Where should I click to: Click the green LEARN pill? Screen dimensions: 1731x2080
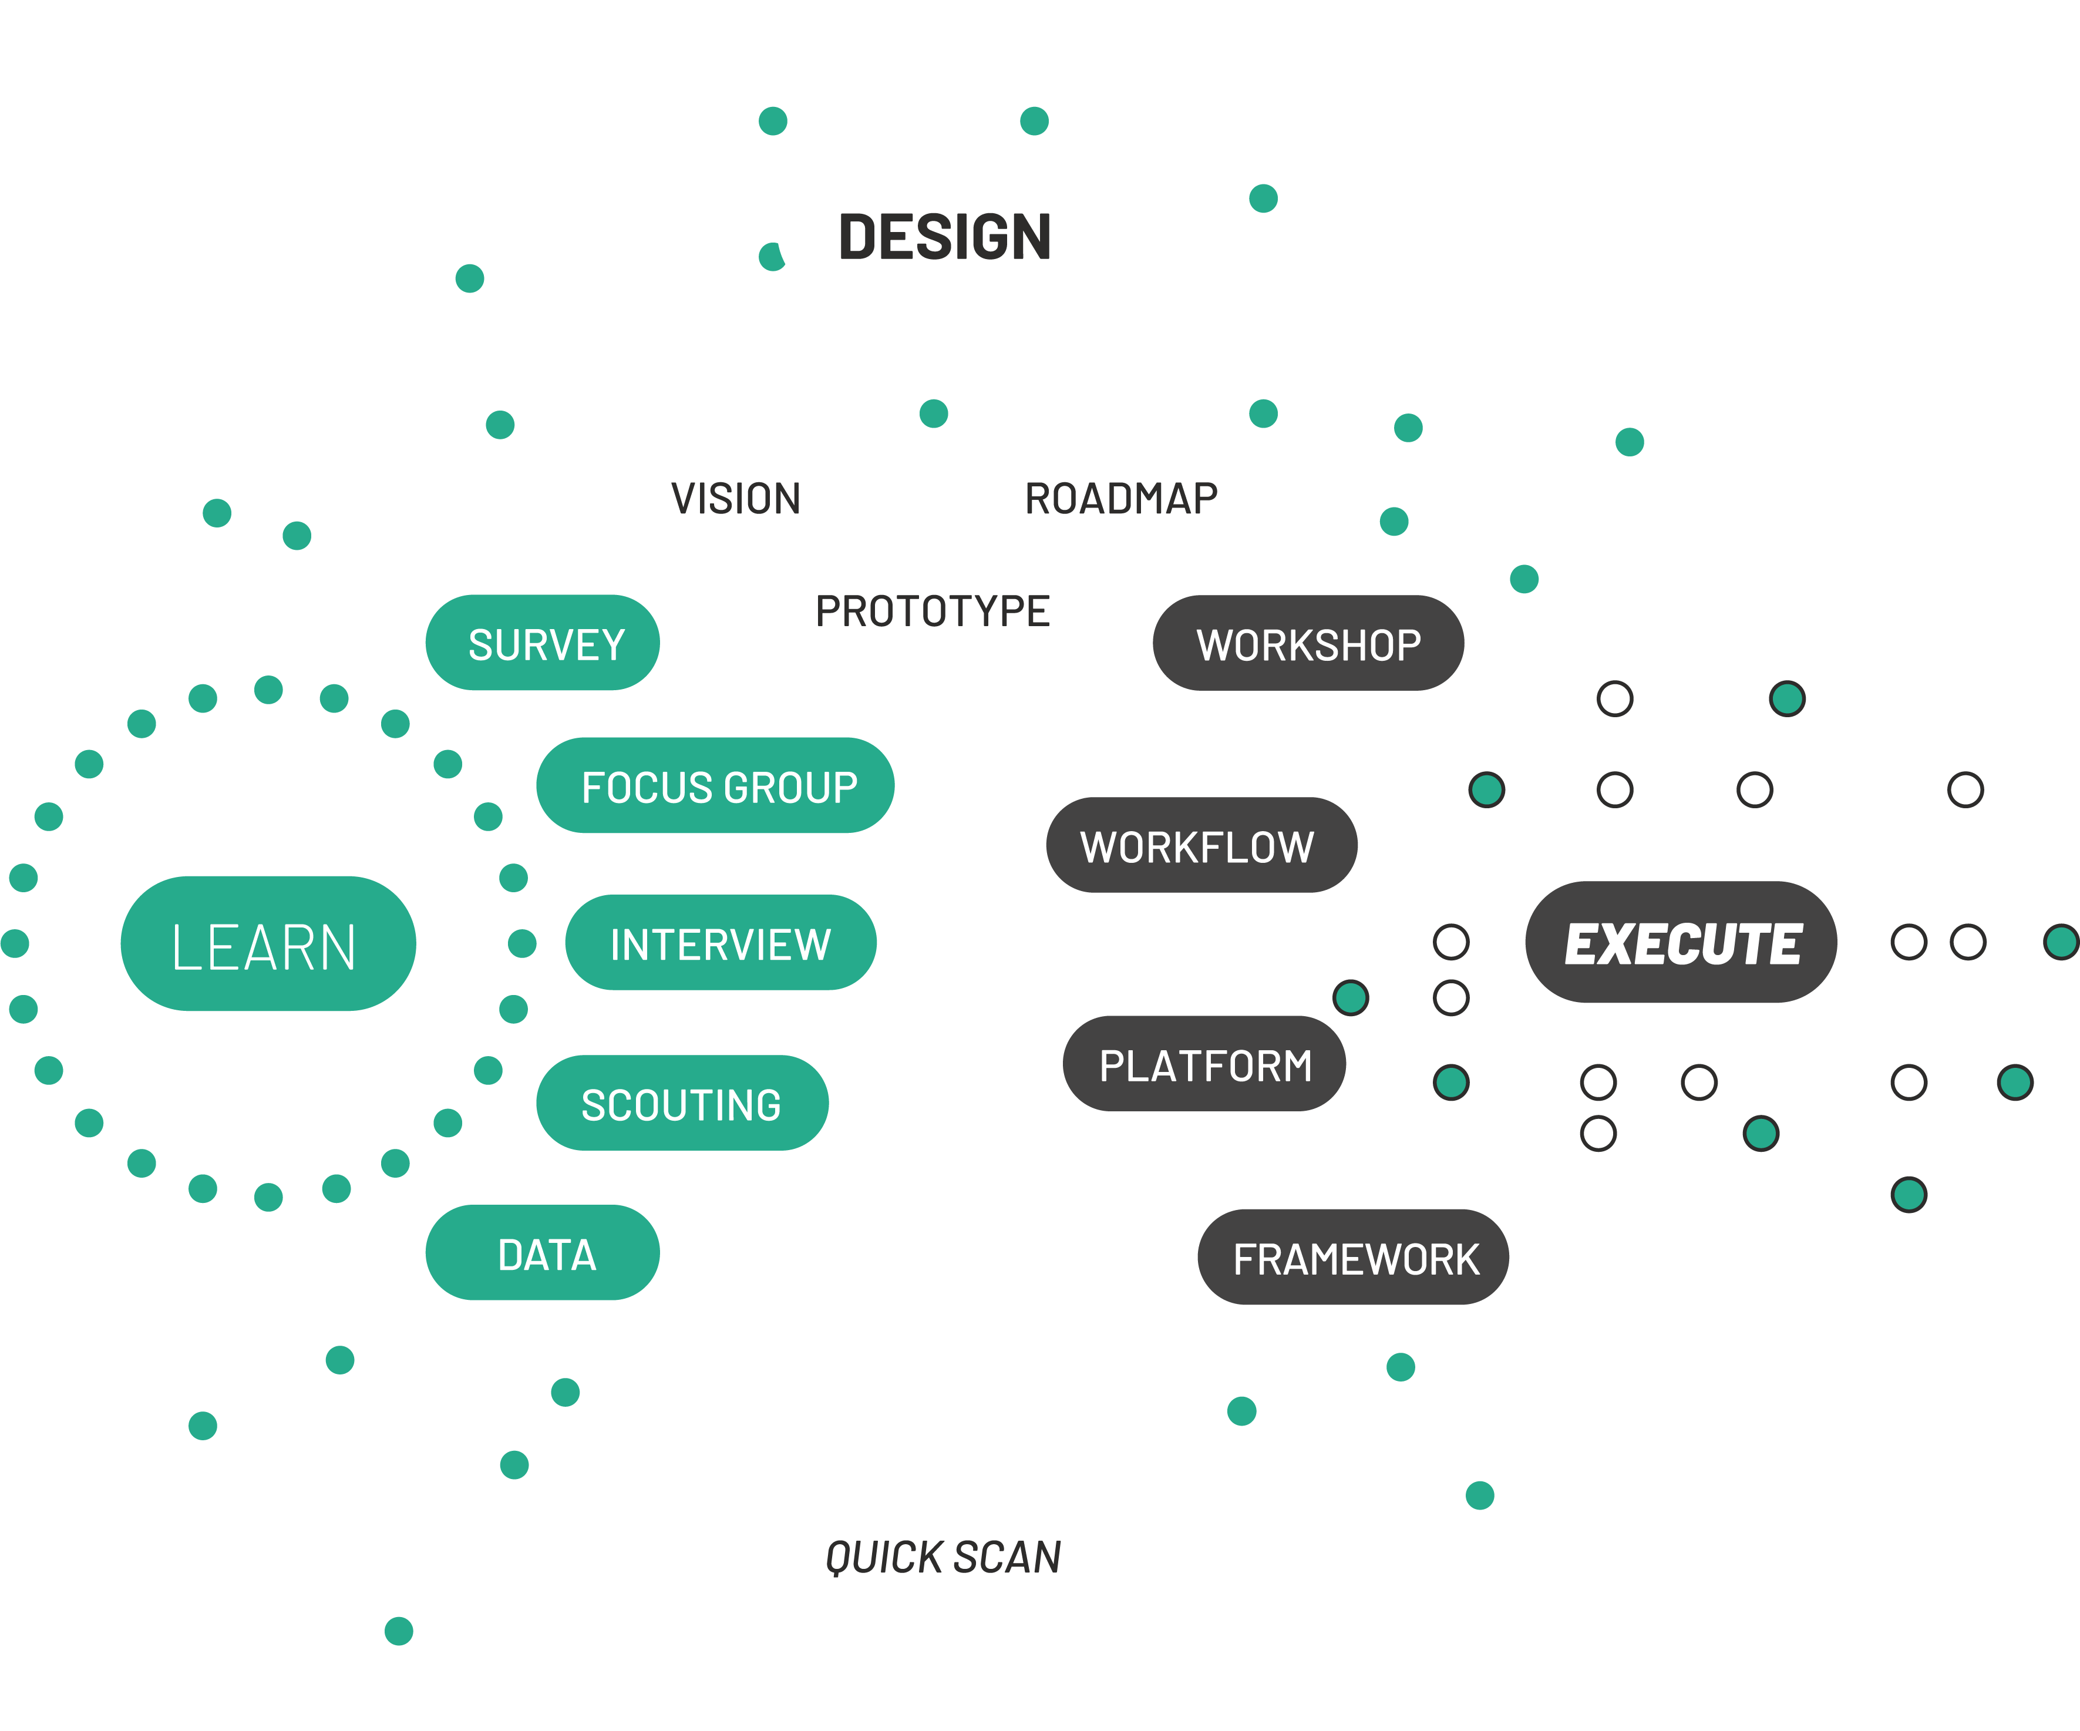point(267,943)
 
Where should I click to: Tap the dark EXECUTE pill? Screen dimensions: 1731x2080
point(1681,942)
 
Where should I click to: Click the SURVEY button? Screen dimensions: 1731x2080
point(543,643)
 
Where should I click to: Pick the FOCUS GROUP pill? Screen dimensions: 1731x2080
point(715,786)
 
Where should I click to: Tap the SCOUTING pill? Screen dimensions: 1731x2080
point(681,1104)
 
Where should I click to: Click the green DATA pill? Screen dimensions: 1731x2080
point(543,1253)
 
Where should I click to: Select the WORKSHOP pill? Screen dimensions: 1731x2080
point(1307,643)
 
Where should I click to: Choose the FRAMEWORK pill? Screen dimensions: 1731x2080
point(1353,1258)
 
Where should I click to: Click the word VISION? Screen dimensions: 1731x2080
point(736,499)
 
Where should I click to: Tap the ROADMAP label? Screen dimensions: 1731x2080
point(1121,499)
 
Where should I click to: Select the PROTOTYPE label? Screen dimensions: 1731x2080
point(932,610)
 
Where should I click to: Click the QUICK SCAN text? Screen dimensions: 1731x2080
point(943,1557)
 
